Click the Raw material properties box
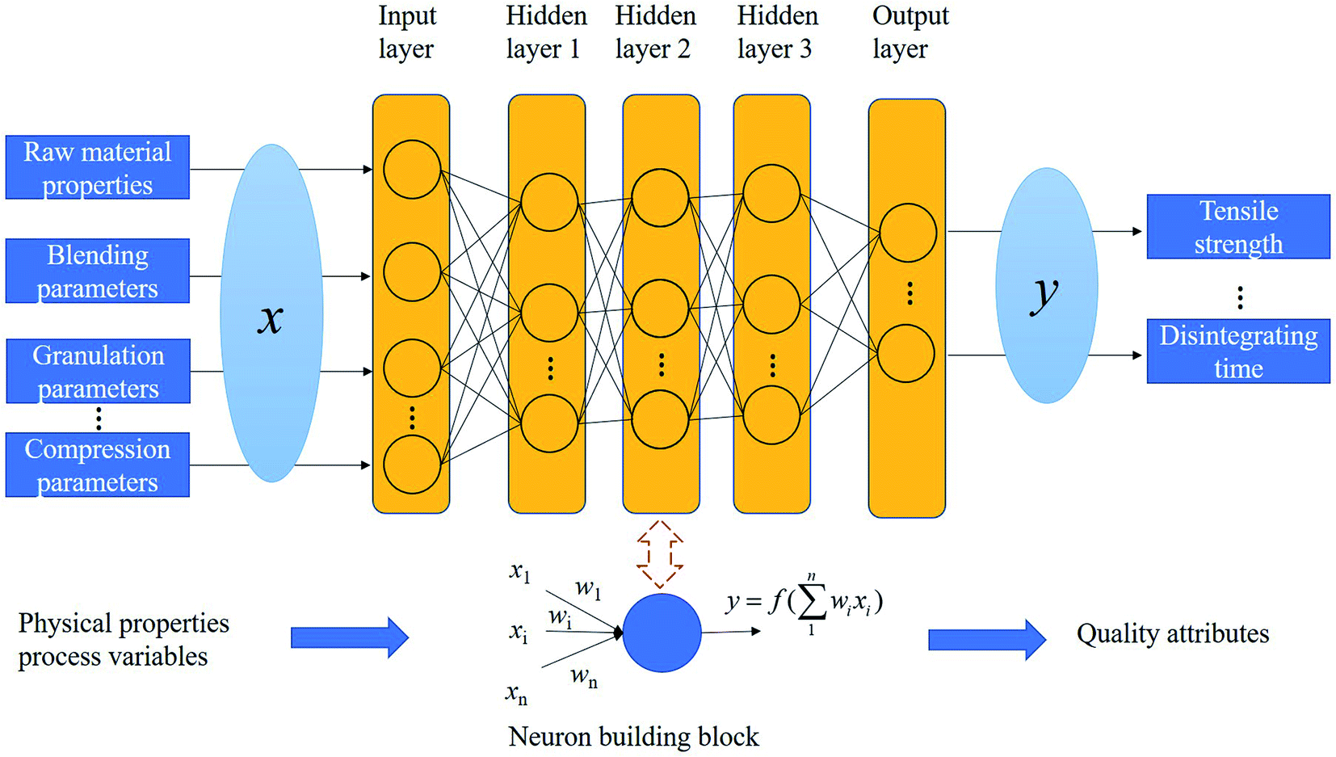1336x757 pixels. [x=98, y=168]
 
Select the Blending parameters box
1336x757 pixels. [x=98, y=271]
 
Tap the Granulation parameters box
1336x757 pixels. [x=98, y=372]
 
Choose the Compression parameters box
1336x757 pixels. [x=98, y=465]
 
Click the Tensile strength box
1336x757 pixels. [x=1238, y=227]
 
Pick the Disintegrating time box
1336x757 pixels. [x=1238, y=351]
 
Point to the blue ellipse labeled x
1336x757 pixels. [x=271, y=313]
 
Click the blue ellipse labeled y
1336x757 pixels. [x=1046, y=285]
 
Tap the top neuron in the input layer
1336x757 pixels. [x=412, y=170]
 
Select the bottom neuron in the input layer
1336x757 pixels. [x=412, y=465]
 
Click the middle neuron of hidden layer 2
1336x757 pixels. [x=660, y=308]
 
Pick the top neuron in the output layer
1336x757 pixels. [x=908, y=233]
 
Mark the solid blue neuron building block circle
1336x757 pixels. [x=662, y=633]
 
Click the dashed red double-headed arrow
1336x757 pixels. [x=660, y=554]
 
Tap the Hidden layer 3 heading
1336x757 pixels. [x=776, y=32]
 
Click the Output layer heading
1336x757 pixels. [x=910, y=32]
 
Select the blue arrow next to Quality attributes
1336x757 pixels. [x=986, y=640]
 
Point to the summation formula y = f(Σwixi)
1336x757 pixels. [x=805, y=603]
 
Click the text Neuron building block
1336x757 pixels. [x=633, y=737]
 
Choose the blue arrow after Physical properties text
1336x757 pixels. [x=349, y=637]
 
